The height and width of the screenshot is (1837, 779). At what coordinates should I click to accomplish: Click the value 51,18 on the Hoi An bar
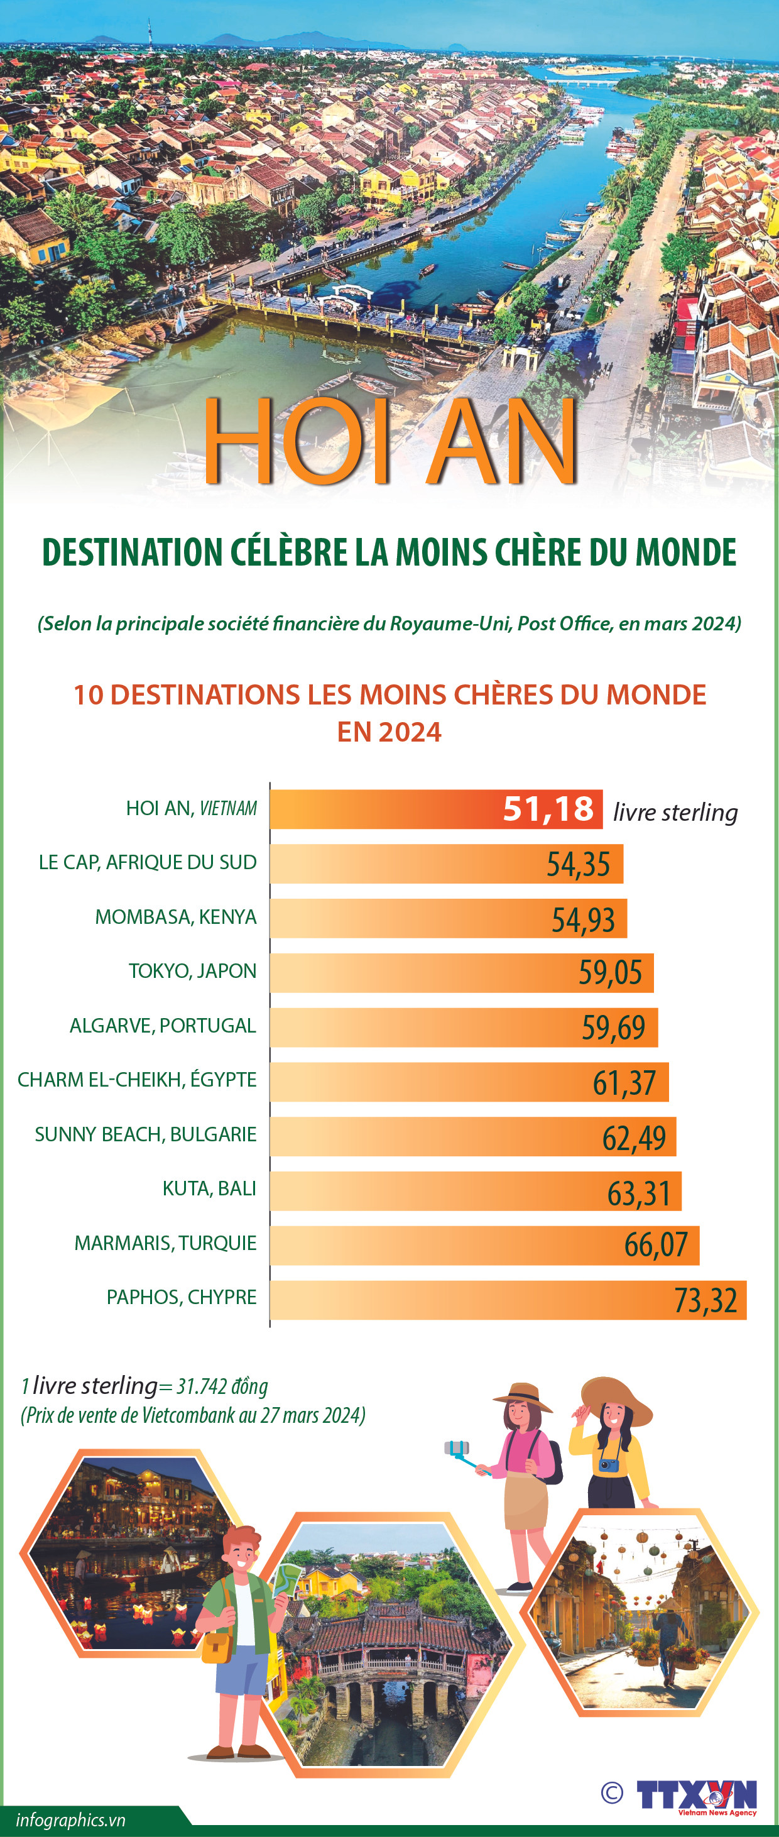coord(548,809)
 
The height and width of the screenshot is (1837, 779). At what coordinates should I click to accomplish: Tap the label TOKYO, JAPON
coord(192,970)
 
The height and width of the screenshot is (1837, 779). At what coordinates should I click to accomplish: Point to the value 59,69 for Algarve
coord(613,1028)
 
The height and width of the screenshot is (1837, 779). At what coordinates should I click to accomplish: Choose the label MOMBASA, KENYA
coord(175,916)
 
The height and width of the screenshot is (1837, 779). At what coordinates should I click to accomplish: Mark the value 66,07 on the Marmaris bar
coord(656,1245)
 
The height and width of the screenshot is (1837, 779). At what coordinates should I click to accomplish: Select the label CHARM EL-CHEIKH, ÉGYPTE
coord(137,1080)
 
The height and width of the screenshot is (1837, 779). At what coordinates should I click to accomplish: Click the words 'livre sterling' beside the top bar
coord(675,812)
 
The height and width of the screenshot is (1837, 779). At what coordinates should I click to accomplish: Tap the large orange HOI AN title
coord(390,442)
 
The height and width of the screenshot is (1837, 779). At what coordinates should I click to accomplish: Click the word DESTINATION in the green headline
coord(133,552)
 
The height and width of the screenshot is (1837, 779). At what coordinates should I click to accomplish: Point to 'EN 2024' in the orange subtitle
coord(389,732)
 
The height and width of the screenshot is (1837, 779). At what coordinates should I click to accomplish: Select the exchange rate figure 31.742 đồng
coord(222,1386)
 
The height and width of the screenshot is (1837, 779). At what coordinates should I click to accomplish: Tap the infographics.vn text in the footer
coord(70,1820)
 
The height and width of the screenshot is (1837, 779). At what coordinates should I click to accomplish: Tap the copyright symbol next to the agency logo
coord(611,1793)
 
